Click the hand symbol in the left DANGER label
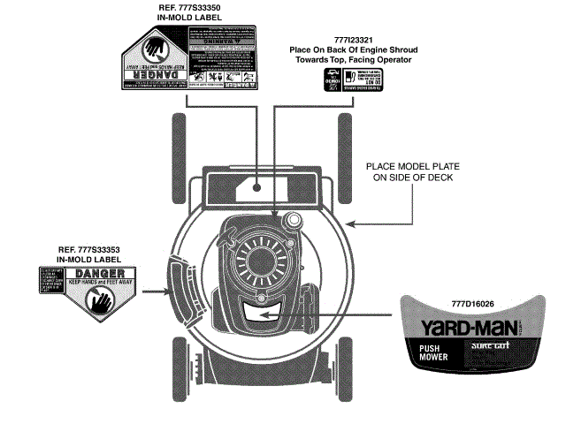(100, 302)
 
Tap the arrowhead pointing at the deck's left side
(159, 290)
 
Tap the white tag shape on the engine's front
(262, 310)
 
